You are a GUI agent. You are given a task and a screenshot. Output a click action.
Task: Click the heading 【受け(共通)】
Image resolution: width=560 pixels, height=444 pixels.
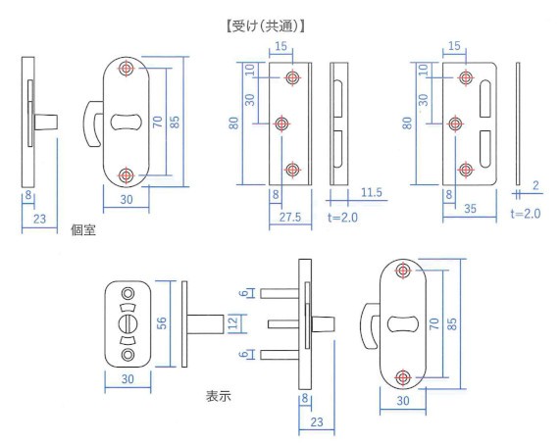click(266, 26)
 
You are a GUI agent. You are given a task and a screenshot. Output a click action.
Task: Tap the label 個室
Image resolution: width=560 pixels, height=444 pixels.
click(83, 230)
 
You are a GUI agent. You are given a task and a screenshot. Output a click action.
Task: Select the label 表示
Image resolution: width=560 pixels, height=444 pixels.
click(219, 396)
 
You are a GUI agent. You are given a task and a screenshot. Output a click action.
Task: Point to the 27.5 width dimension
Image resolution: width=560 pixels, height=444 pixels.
click(290, 217)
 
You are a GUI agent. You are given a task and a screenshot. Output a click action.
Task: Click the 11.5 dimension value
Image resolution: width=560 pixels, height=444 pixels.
click(372, 193)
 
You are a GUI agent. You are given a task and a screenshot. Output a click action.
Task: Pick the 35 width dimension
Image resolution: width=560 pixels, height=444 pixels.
click(470, 209)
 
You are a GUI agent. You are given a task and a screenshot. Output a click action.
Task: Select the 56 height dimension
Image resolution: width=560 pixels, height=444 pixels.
click(162, 323)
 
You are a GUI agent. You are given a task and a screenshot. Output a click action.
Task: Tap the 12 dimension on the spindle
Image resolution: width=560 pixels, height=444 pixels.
click(232, 323)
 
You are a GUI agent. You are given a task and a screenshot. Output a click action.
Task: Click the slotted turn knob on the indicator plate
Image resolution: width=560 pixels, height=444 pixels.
click(127, 323)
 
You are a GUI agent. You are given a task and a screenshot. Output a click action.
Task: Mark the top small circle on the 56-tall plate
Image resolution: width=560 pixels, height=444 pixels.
click(127, 294)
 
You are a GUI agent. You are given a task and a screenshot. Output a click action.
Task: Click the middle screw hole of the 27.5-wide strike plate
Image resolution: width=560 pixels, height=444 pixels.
click(281, 123)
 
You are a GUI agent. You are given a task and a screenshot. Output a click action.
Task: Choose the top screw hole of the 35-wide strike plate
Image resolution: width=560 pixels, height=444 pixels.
click(466, 77)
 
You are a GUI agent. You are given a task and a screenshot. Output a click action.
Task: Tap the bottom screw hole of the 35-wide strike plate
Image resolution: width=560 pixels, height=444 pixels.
click(466, 170)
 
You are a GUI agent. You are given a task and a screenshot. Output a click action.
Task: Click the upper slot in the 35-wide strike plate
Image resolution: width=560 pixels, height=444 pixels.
click(484, 99)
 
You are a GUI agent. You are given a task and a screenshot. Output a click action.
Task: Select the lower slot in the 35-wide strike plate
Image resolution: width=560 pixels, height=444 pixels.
click(484, 149)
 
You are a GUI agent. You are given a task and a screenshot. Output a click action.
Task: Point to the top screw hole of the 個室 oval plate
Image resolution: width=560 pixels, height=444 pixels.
click(127, 69)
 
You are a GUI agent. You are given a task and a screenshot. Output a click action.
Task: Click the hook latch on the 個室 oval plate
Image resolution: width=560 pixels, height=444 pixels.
click(92, 123)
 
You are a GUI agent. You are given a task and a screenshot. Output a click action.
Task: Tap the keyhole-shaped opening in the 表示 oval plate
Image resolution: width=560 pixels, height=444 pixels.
click(403, 324)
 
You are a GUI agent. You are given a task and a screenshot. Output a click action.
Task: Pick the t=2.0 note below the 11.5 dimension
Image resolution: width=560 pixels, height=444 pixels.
click(342, 218)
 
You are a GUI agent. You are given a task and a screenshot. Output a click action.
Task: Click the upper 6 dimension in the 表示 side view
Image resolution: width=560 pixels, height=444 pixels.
click(244, 293)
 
